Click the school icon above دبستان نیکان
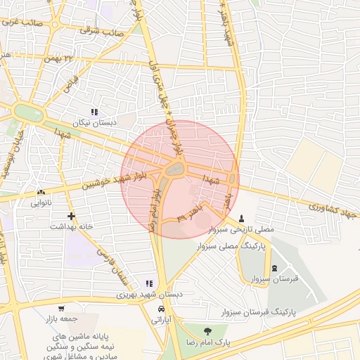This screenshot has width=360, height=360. point(94,111)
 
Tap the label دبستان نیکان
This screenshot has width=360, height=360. point(94,122)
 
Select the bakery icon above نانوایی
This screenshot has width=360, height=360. point(40,191)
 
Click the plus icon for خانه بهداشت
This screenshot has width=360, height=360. point(70,216)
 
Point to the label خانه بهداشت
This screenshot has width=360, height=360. point(71,227)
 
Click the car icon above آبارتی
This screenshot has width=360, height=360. point(162,309)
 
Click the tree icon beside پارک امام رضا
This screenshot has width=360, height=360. point(207,330)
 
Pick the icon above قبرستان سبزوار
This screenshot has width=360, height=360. point(274,267)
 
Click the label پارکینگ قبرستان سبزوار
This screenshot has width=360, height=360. point(262,310)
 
